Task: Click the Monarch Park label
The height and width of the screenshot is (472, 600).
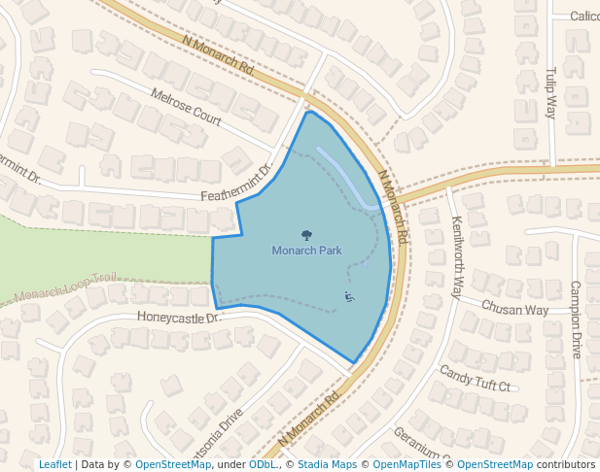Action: pos(306,251)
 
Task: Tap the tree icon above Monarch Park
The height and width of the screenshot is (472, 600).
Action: pos(306,235)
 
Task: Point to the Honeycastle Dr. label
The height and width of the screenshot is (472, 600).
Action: pos(180,317)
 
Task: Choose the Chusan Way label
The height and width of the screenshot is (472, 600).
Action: pos(515,309)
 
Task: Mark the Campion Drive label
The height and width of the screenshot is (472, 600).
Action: pos(575,320)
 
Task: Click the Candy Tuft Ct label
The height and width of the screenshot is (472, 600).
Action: pos(475,379)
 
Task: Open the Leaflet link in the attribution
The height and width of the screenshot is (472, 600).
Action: pos(54,465)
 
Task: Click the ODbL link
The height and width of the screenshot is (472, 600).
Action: pos(263,465)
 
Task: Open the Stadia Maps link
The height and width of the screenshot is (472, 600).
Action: pos(327,465)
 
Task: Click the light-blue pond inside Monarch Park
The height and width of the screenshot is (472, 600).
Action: pos(345,177)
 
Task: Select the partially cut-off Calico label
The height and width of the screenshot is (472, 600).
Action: pos(584,17)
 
